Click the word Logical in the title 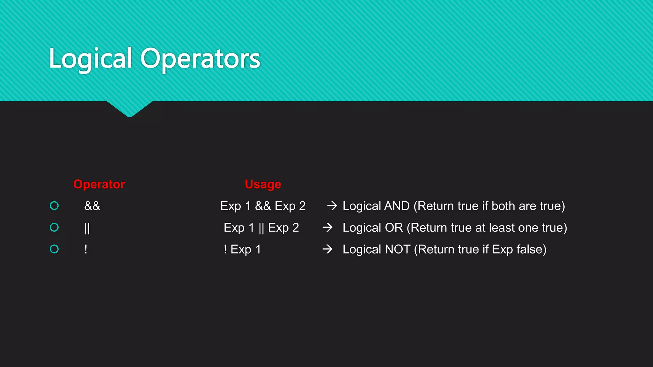(x=90, y=59)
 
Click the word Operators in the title (x=200, y=59)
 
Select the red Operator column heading (x=99, y=184)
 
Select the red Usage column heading (x=263, y=184)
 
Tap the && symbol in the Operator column (x=92, y=206)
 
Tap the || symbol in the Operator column (x=87, y=228)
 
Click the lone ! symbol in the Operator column (x=86, y=249)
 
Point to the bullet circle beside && (x=55, y=206)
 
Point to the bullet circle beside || (x=55, y=227)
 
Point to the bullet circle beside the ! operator (x=55, y=249)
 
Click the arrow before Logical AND (x=332, y=206)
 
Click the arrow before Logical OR (x=327, y=227)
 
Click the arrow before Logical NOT (x=327, y=249)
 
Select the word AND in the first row (x=397, y=206)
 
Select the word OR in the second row (x=394, y=227)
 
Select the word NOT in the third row (x=398, y=249)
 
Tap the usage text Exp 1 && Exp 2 (x=263, y=206)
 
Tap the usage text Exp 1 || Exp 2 (x=261, y=227)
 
